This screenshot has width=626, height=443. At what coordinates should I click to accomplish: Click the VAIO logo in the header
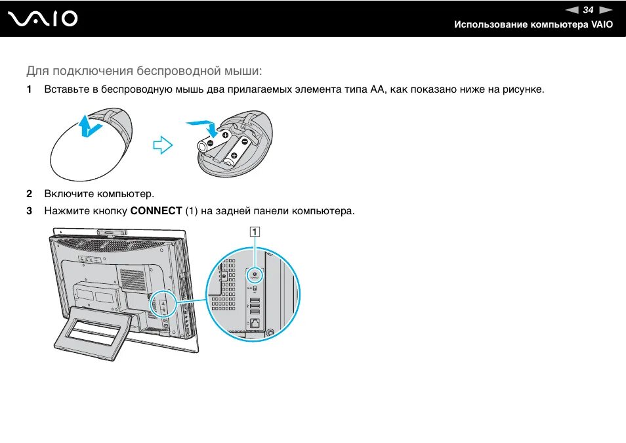43,20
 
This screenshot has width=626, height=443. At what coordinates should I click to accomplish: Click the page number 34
588,10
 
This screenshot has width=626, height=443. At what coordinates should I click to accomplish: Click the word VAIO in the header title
602,24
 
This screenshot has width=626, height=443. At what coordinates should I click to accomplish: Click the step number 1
29,89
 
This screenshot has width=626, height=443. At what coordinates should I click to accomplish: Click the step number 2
29,194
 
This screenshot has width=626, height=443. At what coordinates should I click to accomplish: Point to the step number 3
29,211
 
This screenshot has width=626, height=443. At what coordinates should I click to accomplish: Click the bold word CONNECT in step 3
156,211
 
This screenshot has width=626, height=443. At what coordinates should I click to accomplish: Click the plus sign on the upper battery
225,135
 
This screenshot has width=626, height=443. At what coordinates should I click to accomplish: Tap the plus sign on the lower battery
234,156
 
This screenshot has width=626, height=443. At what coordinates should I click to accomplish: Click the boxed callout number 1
253,231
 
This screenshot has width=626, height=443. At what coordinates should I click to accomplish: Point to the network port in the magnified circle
255,323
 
